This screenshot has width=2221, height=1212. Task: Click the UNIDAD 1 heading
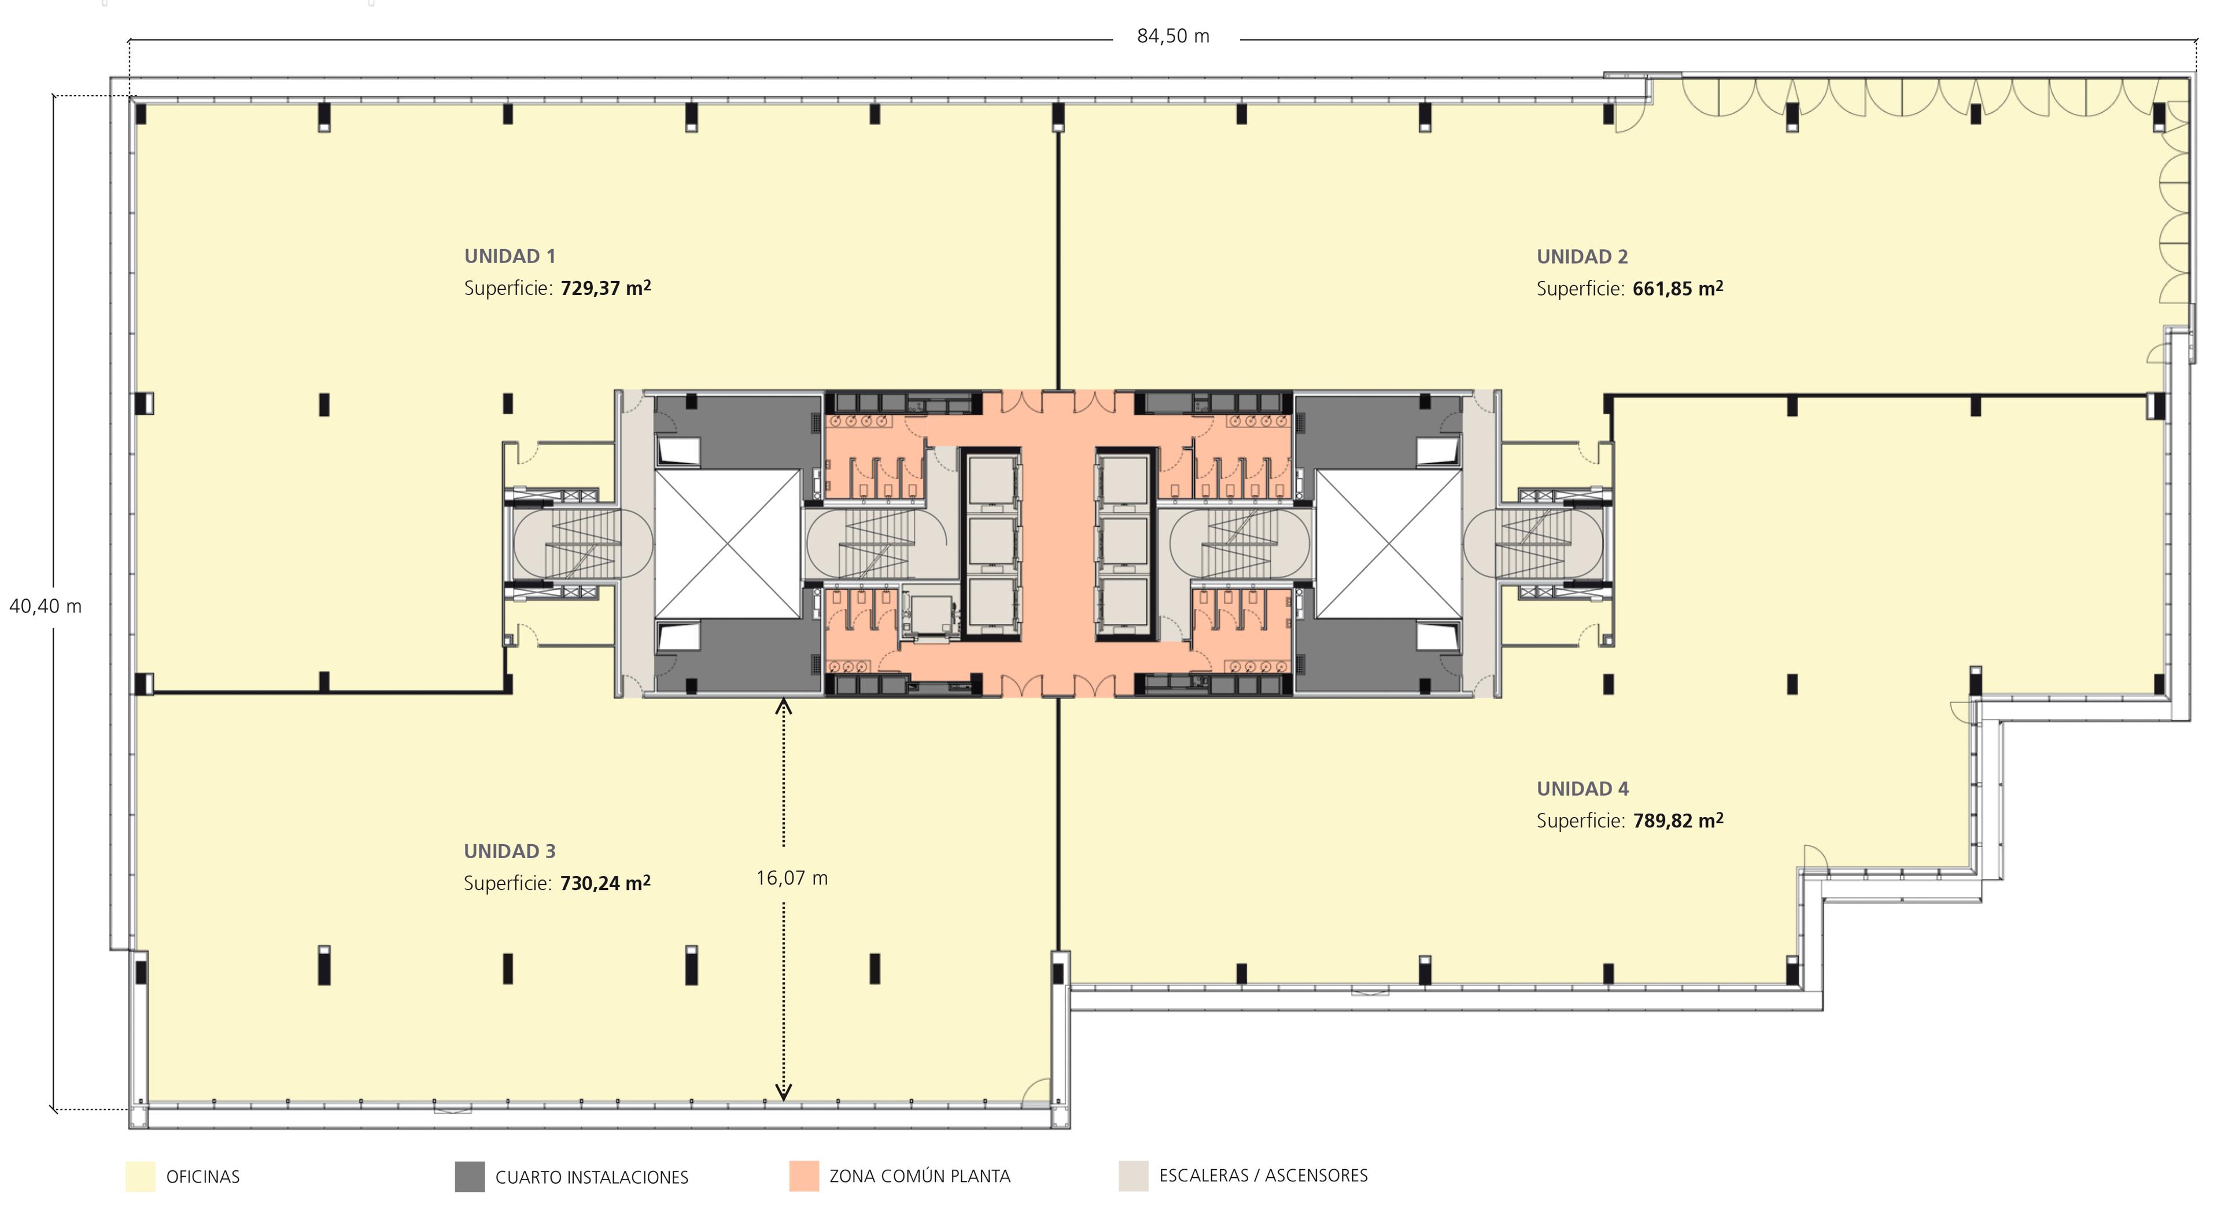point(510,256)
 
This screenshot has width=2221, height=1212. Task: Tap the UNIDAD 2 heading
point(1582,257)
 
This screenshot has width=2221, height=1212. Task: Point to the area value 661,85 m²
point(1678,288)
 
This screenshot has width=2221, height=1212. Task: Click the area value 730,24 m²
point(605,883)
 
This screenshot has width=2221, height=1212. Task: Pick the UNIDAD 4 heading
point(1582,789)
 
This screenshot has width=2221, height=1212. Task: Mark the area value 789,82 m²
point(1678,820)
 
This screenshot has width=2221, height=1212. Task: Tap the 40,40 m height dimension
point(46,607)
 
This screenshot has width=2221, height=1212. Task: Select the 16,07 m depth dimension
point(791,878)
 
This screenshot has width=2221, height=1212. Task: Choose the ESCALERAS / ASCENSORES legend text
point(1263,1176)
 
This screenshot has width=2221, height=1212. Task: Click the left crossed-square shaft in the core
point(728,544)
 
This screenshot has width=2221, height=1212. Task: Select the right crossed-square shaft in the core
point(1389,544)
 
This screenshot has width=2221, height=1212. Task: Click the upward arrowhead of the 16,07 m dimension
point(784,708)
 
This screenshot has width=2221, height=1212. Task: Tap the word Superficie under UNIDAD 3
point(507,884)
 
